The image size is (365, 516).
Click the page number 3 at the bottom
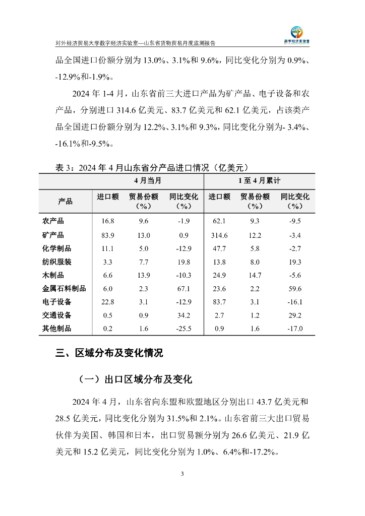(182, 474)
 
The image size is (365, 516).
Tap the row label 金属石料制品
(65, 289)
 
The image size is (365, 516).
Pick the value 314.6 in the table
(219, 235)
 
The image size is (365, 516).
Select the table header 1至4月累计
(259, 180)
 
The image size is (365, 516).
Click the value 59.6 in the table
(294, 289)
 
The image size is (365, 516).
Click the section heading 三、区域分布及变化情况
(109, 353)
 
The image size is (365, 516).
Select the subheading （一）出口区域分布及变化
(135, 379)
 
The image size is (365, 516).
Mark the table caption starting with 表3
(152, 167)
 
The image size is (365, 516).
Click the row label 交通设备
(56, 315)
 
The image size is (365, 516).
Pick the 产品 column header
(65, 202)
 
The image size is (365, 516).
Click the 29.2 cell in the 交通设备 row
(294, 315)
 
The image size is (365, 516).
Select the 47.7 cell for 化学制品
(219, 248)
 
